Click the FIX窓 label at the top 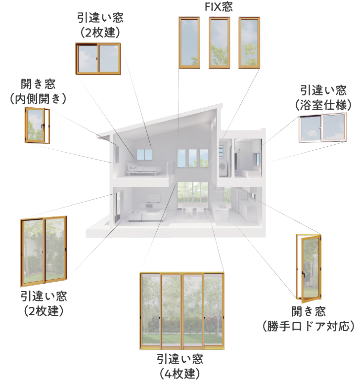coord(219,7)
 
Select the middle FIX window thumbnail coord(219,42)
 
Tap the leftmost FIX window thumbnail coord(189,42)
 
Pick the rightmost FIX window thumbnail coord(249,42)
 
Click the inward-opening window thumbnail coord(37,126)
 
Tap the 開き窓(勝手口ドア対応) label coord(309,319)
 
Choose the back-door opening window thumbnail coord(309,267)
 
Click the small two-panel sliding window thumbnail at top coord(98,59)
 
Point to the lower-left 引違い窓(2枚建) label coord(44,303)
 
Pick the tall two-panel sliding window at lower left coord(44,251)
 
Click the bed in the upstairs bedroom coord(143,169)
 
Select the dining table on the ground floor coord(193,210)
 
